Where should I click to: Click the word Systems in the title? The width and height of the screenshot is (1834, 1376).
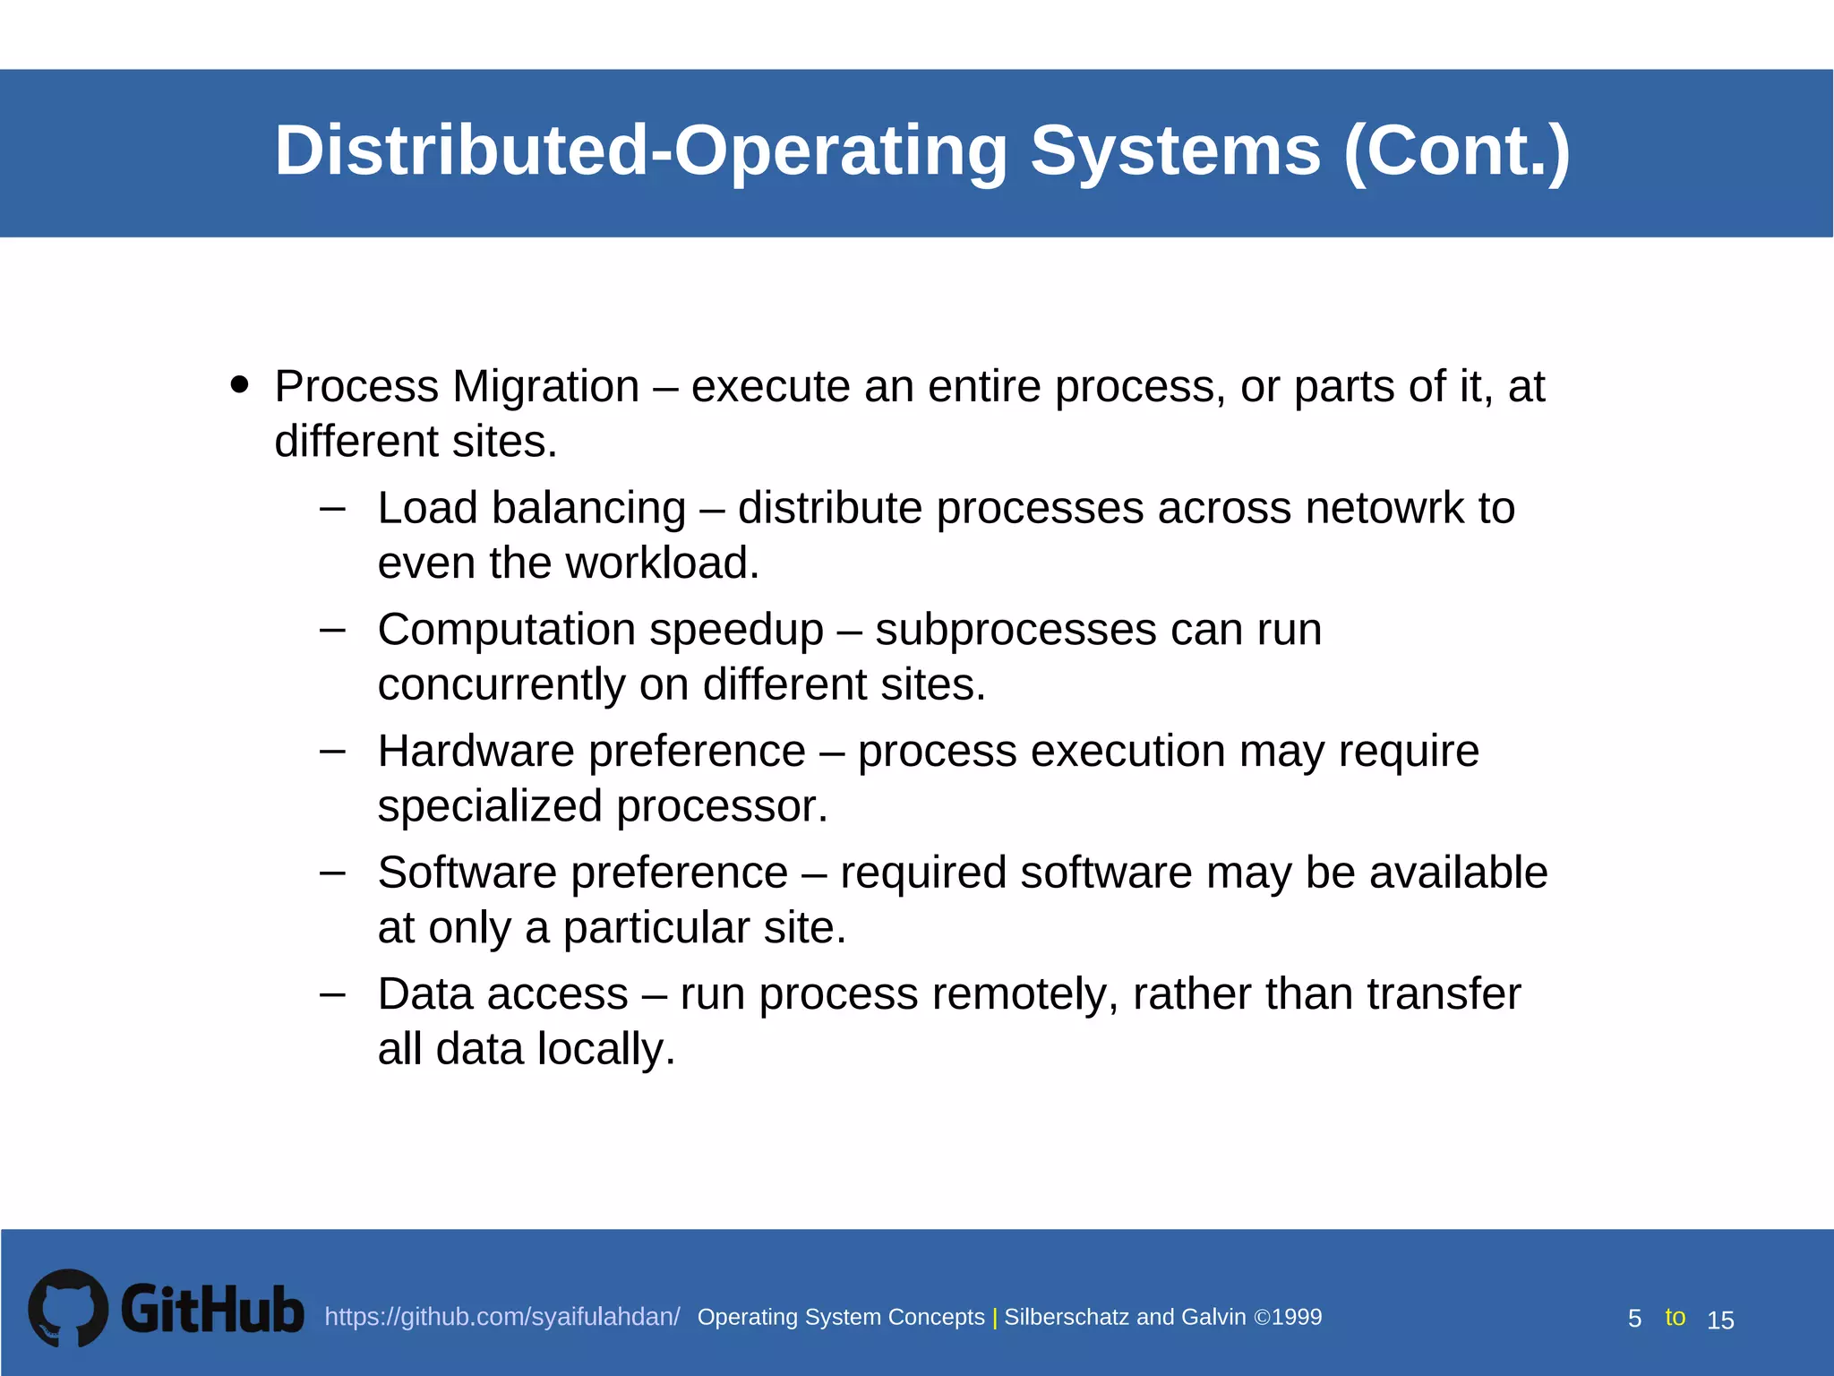pyautogui.click(x=1175, y=150)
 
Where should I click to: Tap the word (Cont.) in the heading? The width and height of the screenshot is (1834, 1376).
pyautogui.click(x=1457, y=150)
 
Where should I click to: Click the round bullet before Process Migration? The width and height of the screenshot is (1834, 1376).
pyautogui.click(x=239, y=384)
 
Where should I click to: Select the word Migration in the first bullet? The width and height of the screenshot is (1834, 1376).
pyautogui.click(x=545, y=387)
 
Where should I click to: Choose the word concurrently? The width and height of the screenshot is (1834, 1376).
pyautogui.click(x=501, y=685)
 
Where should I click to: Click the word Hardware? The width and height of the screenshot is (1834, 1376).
pyautogui.click(x=476, y=751)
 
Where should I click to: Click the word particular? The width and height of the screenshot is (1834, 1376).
pyautogui.click(x=656, y=928)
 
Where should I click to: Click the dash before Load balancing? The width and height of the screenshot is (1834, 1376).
pyautogui.click(x=332, y=508)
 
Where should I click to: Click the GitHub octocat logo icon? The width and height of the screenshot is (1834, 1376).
pyautogui.click(x=68, y=1308)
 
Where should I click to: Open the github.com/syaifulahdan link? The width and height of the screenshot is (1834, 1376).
pyautogui.click(x=501, y=1317)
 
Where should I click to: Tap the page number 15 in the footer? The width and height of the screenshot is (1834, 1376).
pyautogui.click(x=1720, y=1320)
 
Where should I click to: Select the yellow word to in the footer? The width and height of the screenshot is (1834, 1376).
pyautogui.click(x=1675, y=1317)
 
